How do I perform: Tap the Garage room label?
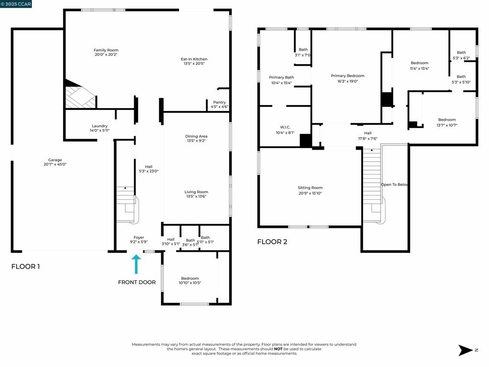coord(55,160)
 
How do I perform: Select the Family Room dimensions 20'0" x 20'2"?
coord(106,55)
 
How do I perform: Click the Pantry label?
coord(219,102)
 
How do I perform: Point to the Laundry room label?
coord(99,126)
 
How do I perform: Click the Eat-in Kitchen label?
coord(194,59)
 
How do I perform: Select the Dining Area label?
coord(196,137)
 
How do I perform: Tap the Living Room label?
coord(196,192)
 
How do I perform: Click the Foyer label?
coord(138,237)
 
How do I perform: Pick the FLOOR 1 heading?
coord(25,267)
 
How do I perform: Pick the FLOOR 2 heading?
coord(272,242)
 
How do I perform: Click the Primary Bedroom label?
coord(348,76)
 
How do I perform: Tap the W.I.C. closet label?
coord(285,128)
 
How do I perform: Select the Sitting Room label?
coord(310,188)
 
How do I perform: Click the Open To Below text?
coord(394,184)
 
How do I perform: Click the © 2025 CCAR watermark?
coord(16,4)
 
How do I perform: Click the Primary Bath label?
coord(281,77)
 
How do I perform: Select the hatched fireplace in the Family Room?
coord(79,97)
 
